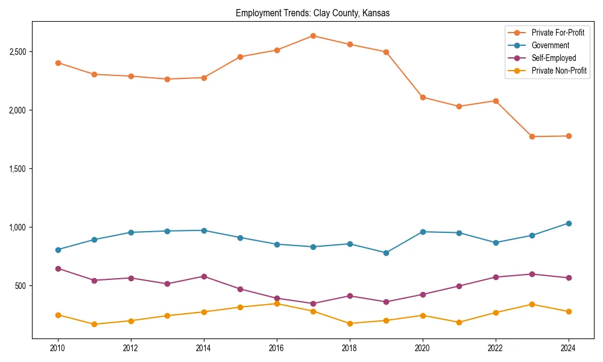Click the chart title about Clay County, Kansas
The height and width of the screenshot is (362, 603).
pos(312,13)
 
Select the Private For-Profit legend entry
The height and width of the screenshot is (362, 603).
pos(558,33)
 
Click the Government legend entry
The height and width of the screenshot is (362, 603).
pos(550,45)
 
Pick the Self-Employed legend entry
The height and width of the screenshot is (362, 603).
pos(554,58)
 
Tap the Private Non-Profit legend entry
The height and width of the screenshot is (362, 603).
pos(559,71)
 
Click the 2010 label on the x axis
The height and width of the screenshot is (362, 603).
pos(58,348)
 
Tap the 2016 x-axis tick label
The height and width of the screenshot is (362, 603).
pos(277,348)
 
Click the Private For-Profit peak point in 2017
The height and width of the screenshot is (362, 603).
pos(313,36)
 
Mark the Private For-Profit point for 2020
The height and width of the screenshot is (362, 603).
pos(423,97)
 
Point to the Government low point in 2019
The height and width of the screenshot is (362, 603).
pos(386,253)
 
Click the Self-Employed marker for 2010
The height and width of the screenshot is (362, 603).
pos(58,268)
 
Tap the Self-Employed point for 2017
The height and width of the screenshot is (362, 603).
pos(313,303)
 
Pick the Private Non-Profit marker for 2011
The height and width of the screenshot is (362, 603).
pos(94,324)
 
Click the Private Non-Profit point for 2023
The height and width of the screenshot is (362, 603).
pos(532,304)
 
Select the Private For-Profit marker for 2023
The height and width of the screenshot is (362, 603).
pos(532,136)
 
